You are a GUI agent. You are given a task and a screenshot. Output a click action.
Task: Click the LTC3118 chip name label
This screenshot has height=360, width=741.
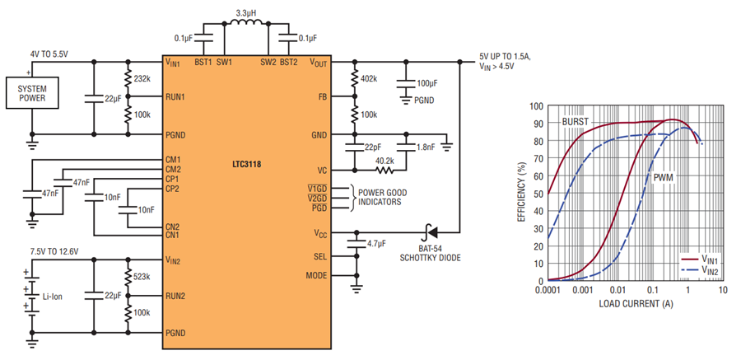coord(247,165)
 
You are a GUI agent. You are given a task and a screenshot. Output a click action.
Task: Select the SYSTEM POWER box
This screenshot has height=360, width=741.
coord(32,93)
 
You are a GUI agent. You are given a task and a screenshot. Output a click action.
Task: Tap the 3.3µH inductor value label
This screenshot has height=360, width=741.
coord(245,13)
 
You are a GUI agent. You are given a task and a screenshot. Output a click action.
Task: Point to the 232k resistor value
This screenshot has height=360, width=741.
coord(142,78)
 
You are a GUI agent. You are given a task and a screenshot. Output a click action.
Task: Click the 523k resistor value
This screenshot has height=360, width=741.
coord(142,276)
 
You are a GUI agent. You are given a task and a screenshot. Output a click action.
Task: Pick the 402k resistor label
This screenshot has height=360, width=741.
coord(369,78)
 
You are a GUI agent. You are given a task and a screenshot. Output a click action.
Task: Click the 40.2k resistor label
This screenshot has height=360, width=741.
coord(385,161)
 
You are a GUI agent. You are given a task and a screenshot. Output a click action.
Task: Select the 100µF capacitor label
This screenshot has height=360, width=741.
coord(427,83)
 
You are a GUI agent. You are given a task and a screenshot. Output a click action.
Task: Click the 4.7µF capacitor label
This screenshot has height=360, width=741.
coord(376,244)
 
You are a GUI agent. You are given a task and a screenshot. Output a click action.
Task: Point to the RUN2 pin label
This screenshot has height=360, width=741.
coord(175,296)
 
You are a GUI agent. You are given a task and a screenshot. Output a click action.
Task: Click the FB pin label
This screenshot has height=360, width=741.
coord(322,96)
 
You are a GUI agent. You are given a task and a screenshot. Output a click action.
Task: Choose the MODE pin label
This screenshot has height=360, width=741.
coord(316,275)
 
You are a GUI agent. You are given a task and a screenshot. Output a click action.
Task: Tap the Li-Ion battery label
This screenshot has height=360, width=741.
coord(53,297)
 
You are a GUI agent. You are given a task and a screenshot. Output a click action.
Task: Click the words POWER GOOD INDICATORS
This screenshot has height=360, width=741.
coord(382,198)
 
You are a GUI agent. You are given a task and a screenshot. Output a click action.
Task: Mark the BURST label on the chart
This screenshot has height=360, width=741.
coord(576,122)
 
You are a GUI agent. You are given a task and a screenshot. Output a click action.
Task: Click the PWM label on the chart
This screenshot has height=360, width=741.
coord(664,178)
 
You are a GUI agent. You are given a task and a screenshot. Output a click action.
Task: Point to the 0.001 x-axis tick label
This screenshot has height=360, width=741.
coord(583,289)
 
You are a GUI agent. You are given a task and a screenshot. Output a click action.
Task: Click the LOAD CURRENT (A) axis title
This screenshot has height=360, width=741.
coord(636,303)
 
